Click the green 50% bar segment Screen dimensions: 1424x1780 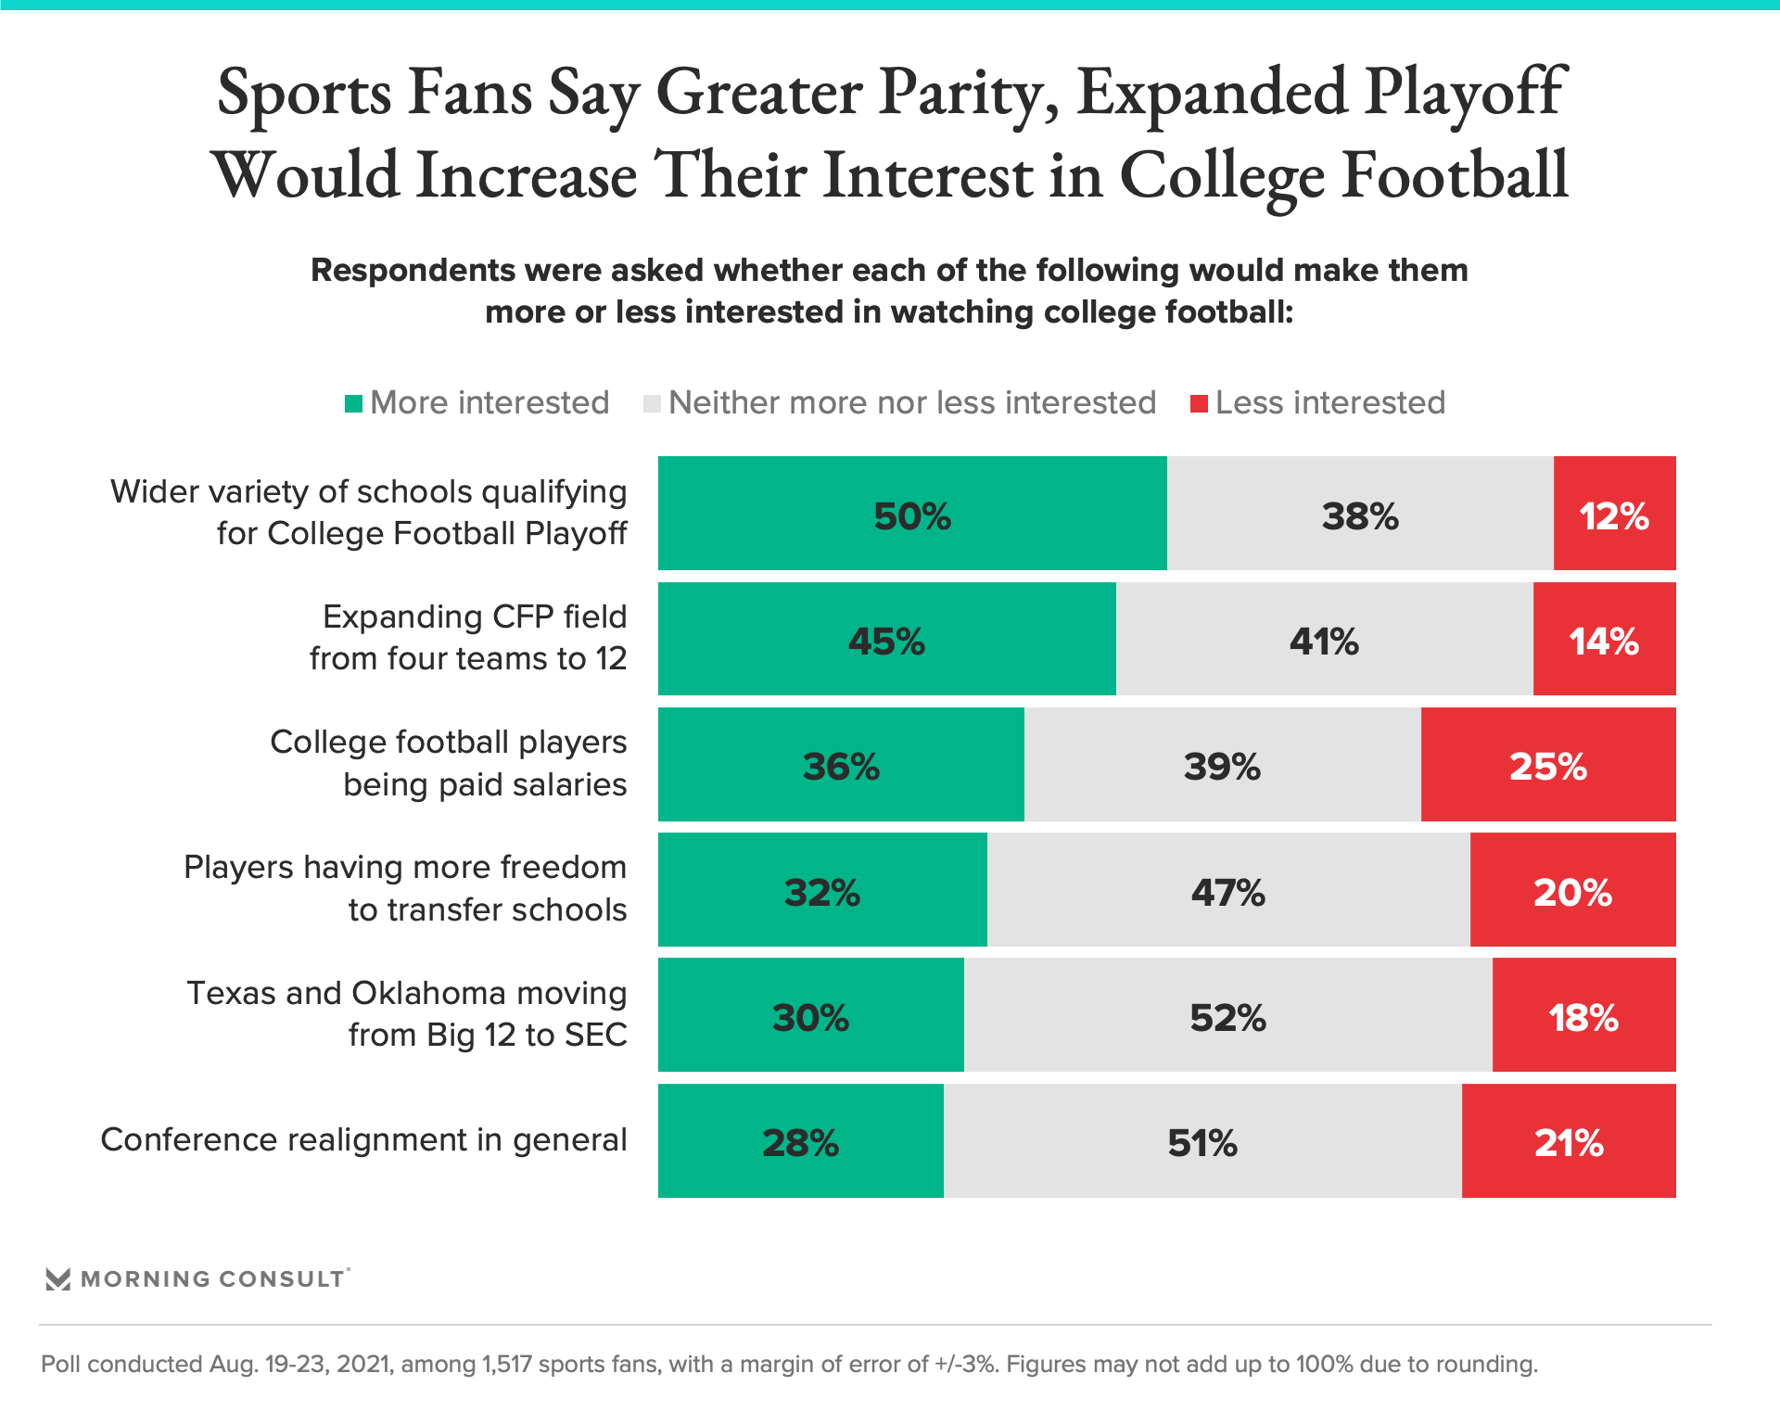pos(912,513)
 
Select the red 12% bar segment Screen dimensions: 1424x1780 pos(1614,513)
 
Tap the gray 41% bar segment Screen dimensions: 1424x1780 pos(1324,639)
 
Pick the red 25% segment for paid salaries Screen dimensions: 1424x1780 pos(1547,764)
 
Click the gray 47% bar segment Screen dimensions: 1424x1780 pos(1227,889)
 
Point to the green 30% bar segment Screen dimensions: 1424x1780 pos(810,1015)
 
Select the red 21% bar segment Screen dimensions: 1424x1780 pos(1569,1140)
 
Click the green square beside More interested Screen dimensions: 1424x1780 pos(353,404)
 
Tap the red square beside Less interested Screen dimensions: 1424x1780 pos(1199,404)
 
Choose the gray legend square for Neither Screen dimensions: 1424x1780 pos(652,404)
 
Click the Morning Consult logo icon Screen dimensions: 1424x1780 pos(58,1279)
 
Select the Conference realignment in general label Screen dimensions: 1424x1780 pos(363,1139)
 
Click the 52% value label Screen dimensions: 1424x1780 pos(1227,1018)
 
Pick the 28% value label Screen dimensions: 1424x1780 pos(800,1143)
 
